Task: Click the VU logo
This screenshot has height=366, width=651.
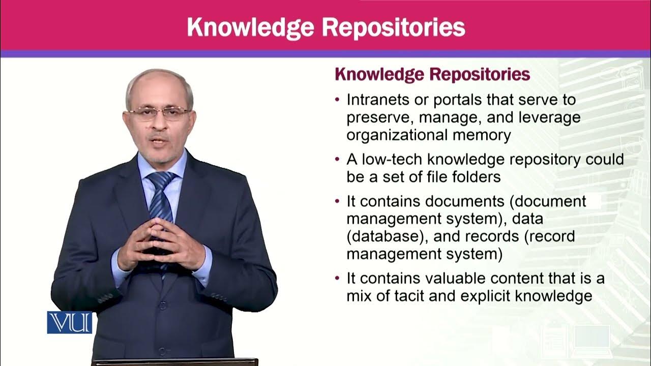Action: (x=70, y=322)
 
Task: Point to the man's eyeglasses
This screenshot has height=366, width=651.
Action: (x=159, y=113)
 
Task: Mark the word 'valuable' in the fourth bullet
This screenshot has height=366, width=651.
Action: (x=465, y=279)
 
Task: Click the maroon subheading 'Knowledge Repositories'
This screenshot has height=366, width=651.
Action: (x=432, y=75)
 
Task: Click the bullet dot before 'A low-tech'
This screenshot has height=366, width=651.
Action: (x=338, y=159)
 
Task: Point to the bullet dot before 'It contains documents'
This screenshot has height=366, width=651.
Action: (x=338, y=201)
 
